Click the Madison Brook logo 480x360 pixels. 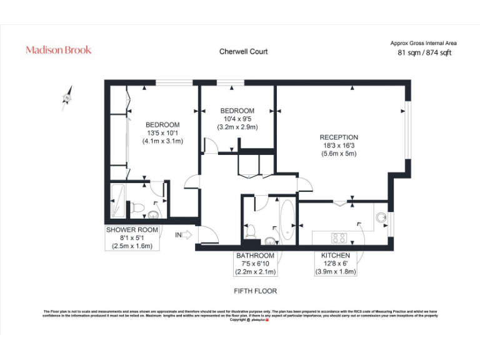pos(58,50)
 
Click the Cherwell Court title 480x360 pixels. pos(243,52)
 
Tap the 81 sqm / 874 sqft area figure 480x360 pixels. pos(424,53)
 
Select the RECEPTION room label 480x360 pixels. pos(339,137)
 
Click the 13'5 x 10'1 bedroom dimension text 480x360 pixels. pos(162,133)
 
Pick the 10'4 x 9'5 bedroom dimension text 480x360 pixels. pos(237,119)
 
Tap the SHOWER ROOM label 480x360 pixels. pos(132,230)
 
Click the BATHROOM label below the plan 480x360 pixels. pos(255,256)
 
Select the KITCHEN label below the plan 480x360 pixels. pos(335,256)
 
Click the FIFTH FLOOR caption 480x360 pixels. pos(255,291)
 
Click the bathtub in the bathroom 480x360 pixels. pos(287,219)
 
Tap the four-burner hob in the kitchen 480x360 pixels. pos(339,237)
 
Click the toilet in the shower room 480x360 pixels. pos(138,207)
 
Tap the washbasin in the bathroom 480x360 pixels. pos(269,239)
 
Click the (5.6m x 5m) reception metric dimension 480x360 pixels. pos(339,154)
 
